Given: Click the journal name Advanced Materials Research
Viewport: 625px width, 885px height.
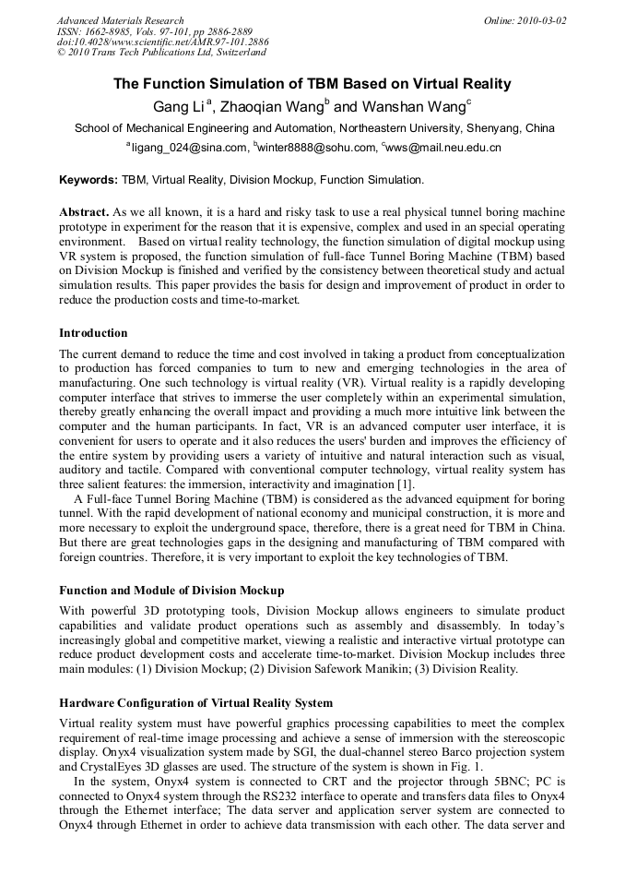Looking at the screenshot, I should (x=120, y=20).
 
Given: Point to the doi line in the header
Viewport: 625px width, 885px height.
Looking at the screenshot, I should (x=163, y=42).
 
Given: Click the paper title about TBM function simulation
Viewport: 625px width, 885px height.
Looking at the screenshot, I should (x=312, y=84).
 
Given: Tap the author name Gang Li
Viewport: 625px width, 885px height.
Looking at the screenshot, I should (x=178, y=107).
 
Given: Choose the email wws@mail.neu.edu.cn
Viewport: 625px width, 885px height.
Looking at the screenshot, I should (x=444, y=148).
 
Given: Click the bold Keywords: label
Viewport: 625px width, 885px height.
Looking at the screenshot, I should (x=88, y=180).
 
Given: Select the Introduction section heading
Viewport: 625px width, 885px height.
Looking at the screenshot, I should (x=93, y=333).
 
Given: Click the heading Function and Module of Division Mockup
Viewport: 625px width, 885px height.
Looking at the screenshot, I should (x=171, y=590).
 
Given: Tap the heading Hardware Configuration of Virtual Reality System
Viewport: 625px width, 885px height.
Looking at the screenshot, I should (x=195, y=704).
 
